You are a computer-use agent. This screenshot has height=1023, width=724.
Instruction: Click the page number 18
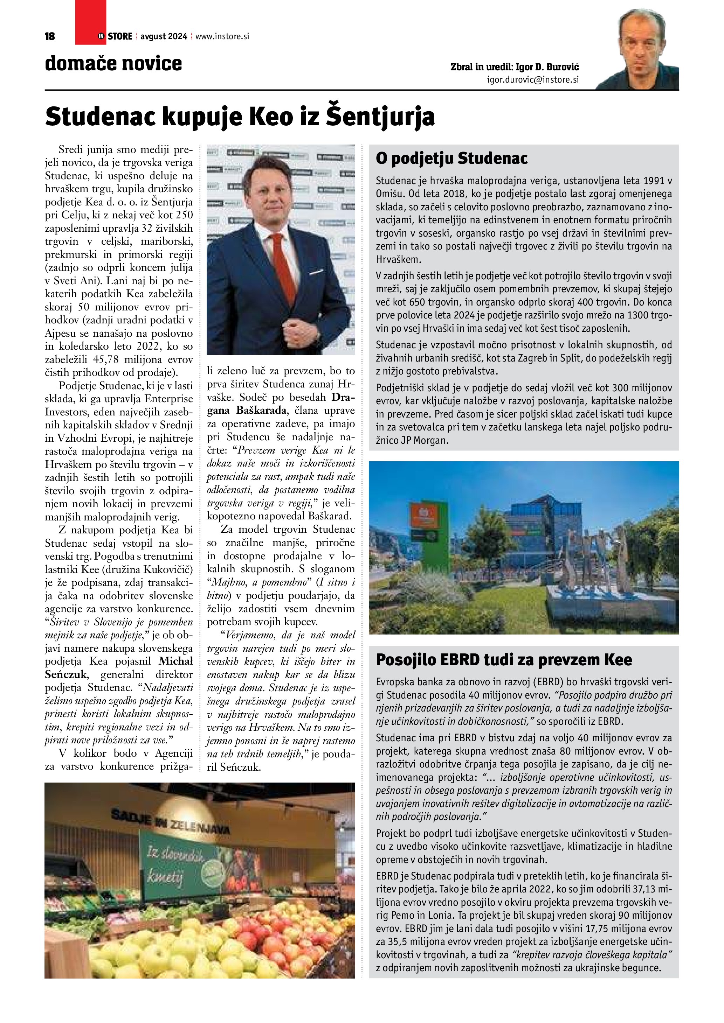[x=50, y=36]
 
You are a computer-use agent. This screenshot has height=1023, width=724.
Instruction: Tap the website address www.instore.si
[x=222, y=36]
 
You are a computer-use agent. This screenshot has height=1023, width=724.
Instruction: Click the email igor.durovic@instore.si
[x=533, y=80]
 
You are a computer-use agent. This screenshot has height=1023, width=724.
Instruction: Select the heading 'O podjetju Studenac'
[x=451, y=158]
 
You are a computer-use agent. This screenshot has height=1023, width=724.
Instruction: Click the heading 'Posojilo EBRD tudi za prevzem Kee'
[x=504, y=659]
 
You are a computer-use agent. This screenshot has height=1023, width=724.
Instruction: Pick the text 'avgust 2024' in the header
[x=164, y=36]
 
